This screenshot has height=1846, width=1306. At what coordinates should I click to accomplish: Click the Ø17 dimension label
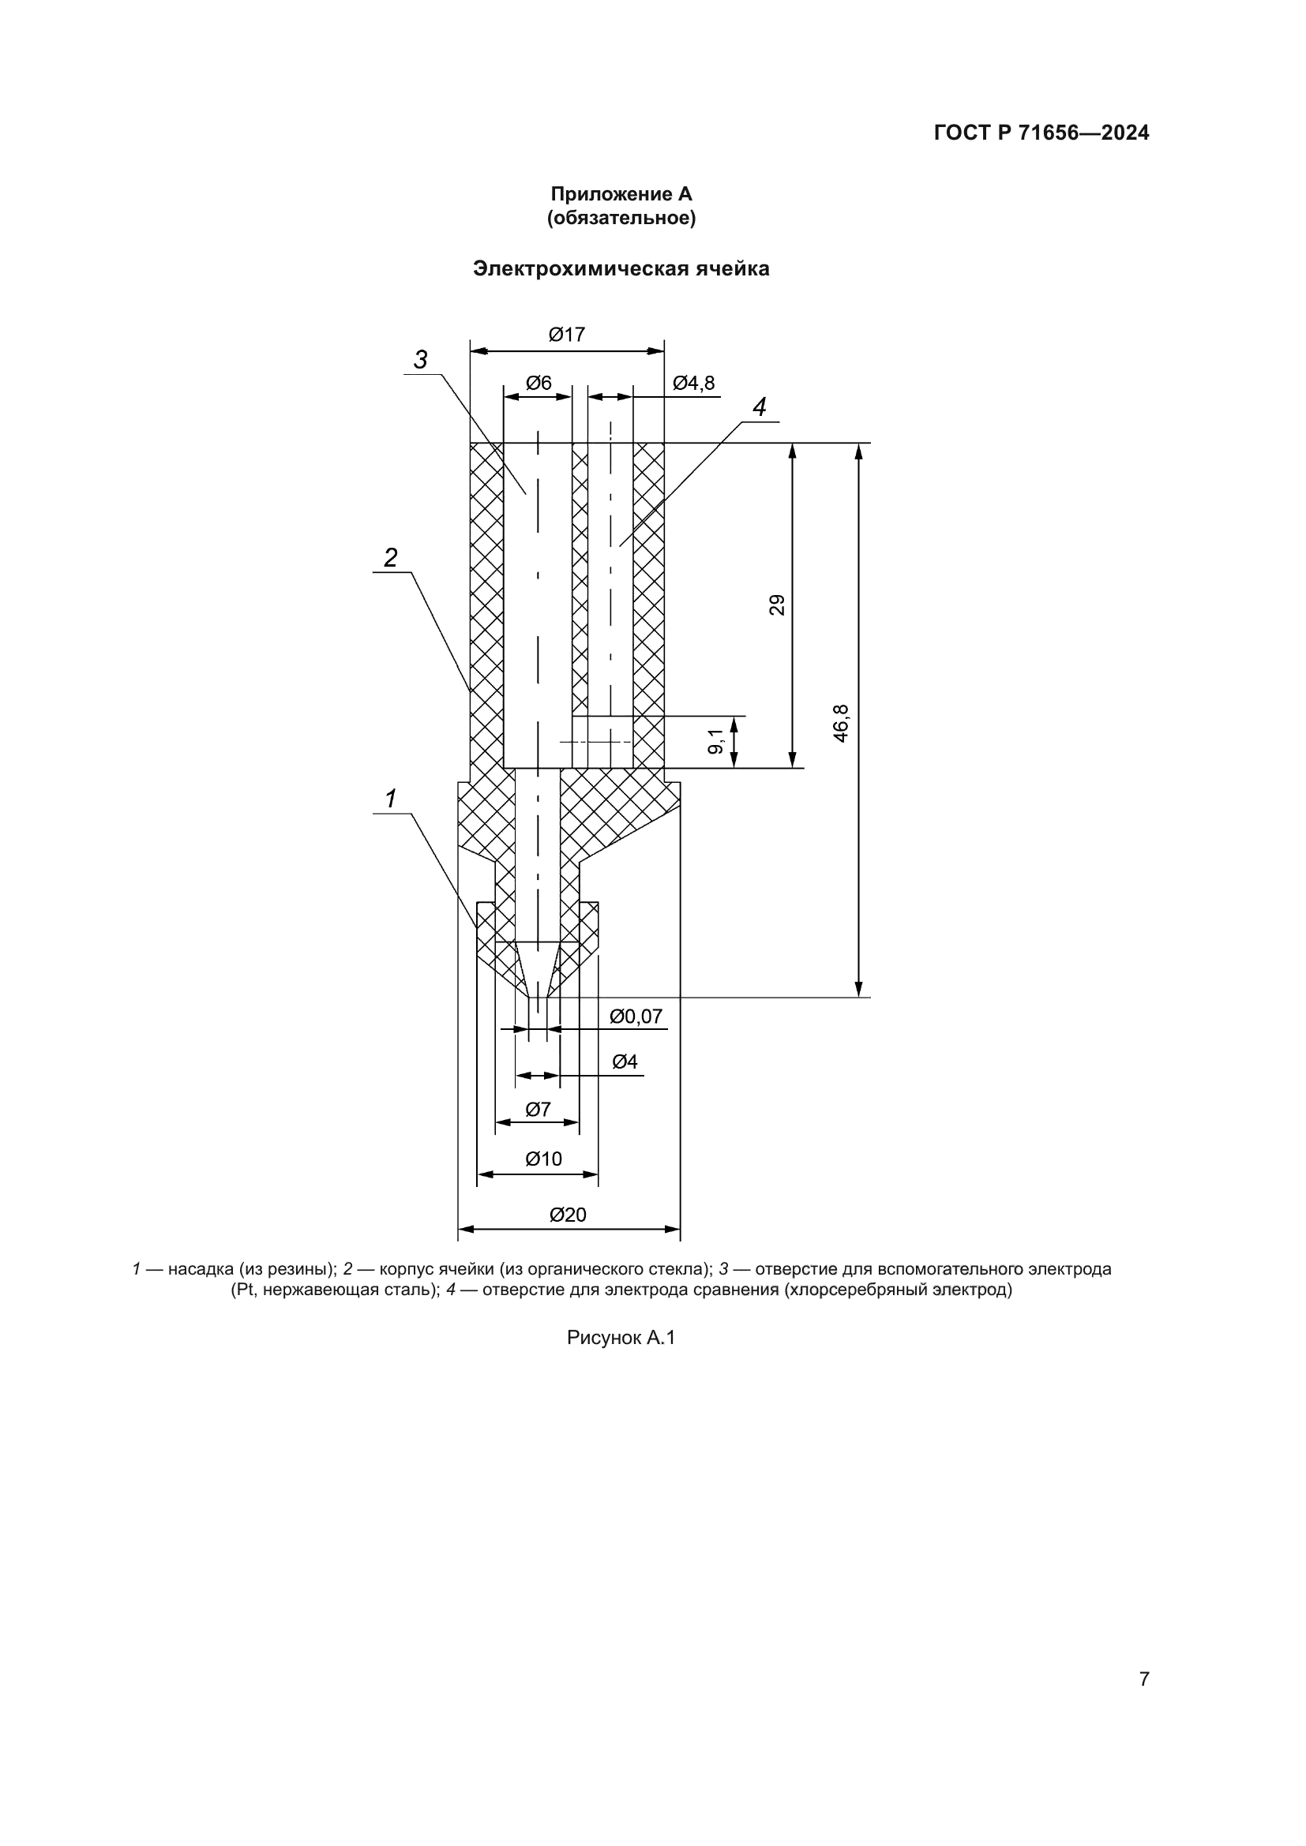567,335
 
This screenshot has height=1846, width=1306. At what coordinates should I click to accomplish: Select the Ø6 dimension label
539,383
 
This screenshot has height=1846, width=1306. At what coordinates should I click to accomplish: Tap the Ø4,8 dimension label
693,383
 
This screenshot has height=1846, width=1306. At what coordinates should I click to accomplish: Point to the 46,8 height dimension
841,723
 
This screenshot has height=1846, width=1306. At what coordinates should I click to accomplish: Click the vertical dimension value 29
777,605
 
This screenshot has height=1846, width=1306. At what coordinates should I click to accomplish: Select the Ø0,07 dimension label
636,1017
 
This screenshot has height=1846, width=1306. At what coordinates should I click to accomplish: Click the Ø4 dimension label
625,1062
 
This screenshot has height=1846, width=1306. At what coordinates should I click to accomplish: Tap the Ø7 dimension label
538,1110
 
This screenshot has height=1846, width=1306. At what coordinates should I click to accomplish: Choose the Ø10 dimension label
543,1159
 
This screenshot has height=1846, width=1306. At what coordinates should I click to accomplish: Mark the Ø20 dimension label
568,1214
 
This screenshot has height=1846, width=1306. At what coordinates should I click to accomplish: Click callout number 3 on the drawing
421,360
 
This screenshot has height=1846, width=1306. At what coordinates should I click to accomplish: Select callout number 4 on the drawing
758,407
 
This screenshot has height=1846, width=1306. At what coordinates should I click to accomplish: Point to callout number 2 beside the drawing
391,557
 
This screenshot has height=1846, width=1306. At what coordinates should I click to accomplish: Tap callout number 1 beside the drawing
391,799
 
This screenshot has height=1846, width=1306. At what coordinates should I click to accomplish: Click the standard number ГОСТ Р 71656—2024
1041,133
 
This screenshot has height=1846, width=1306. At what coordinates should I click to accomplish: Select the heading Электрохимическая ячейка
621,268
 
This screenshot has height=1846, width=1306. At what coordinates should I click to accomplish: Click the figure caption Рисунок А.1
621,1337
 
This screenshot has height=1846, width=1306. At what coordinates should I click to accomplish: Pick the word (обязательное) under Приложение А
621,218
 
